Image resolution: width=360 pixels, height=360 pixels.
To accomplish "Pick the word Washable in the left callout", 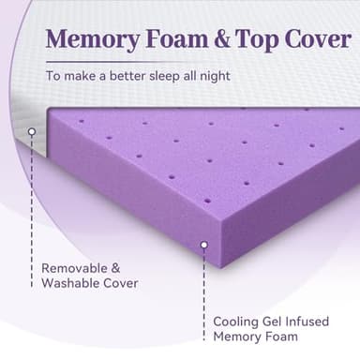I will [69, 282].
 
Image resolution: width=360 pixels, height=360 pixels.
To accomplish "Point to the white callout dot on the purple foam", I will [203, 245].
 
